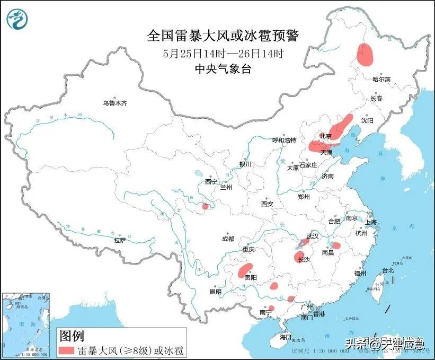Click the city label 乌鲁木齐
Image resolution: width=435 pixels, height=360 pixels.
coord(115,103)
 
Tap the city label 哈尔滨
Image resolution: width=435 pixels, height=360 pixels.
coord(381,79)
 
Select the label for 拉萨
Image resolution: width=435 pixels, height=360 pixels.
coord(120,240)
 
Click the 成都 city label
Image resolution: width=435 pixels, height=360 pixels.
coord(228,239)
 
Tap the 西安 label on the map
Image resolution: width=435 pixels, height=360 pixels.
coord(267,204)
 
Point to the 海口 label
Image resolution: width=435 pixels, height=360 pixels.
coord(286,337)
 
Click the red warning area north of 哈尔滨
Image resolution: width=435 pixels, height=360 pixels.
coord(365,54)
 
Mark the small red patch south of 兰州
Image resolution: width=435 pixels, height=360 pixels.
coord(205,206)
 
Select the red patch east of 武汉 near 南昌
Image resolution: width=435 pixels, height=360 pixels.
coord(336,245)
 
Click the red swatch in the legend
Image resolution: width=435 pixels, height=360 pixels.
coord(66,350)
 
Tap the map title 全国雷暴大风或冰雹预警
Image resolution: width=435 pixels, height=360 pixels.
coord(223,36)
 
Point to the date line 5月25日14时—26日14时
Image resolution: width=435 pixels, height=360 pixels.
coord(223,53)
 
